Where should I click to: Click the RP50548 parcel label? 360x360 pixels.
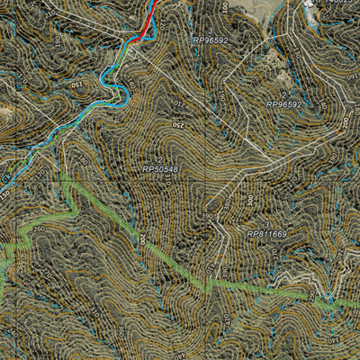tap(160, 169)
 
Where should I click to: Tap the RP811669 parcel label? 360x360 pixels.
tap(267, 234)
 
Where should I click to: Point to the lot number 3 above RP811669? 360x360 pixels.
tap(266, 224)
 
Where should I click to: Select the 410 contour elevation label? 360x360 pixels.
tap(211, 270)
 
